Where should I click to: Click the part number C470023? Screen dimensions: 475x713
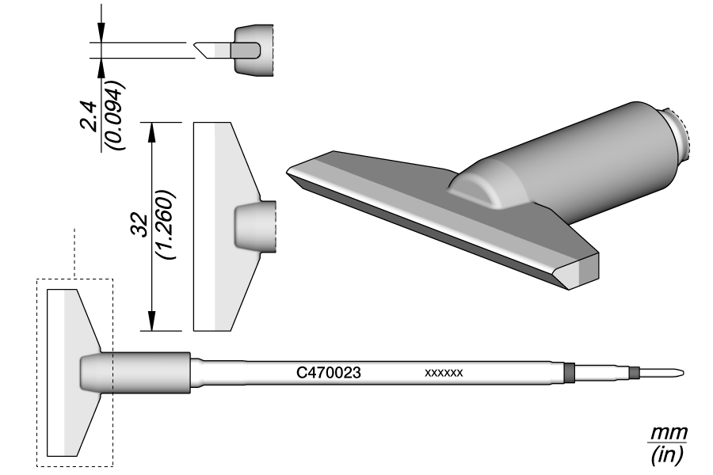pos(329,371)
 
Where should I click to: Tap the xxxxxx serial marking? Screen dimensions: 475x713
pos(444,372)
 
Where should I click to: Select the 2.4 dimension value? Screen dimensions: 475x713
pos(92,116)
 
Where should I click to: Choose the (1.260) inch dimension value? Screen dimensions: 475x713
pos(167,225)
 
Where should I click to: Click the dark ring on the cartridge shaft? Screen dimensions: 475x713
pos(568,372)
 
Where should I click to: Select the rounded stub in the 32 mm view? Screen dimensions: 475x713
pos(256,226)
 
